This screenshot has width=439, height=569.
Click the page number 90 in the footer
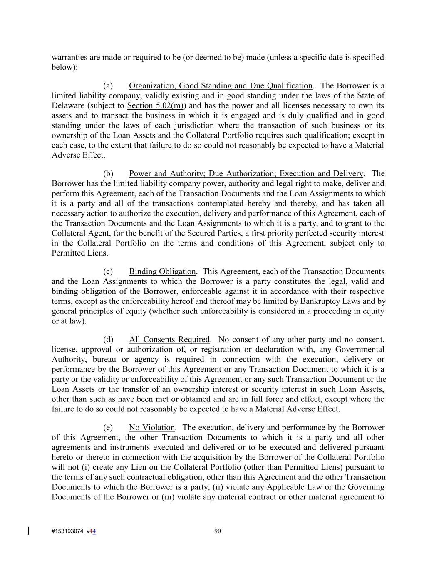click(x=217, y=531)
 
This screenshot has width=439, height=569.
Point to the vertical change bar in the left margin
click(x=28, y=531)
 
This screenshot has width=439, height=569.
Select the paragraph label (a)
click(x=108, y=86)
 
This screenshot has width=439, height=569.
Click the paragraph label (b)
click(x=108, y=174)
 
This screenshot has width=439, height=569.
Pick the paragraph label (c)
click(x=108, y=272)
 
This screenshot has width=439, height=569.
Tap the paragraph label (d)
click(x=108, y=340)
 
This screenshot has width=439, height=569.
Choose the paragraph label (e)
click(x=108, y=428)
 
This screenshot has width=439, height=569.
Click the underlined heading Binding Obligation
click(x=162, y=272)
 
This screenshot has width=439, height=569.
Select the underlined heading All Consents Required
click(x=169, y=340)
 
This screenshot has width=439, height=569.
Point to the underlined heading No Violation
click(x=152, y=428)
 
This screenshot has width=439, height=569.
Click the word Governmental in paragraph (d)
click(x=360, y=350)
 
